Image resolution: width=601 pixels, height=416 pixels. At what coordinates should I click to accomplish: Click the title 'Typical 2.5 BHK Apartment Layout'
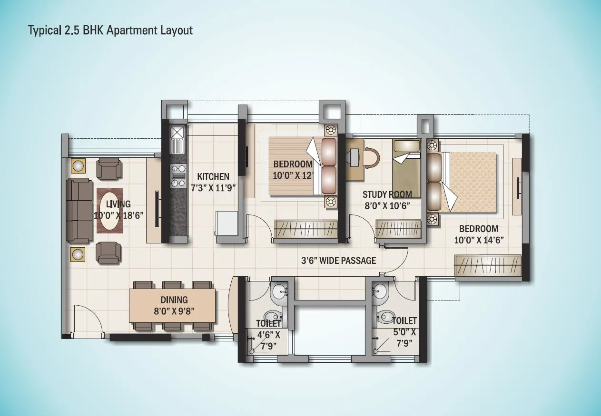point(110,31)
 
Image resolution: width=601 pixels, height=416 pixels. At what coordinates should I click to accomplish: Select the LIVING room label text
point(118,204)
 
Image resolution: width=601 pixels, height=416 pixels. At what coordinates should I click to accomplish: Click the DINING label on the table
point(174,300)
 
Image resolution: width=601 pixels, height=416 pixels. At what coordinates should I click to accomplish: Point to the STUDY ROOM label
point(387,194)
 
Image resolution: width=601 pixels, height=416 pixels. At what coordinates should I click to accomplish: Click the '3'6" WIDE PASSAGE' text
point(338,261)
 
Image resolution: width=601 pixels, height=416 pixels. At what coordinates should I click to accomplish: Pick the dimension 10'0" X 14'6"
point(479,240)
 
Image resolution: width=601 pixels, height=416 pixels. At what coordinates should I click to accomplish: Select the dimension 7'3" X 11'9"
point(213,187)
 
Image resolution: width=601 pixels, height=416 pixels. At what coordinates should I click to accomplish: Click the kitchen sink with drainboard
point(177,137)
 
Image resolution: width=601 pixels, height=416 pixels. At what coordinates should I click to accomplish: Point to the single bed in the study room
point(406,169)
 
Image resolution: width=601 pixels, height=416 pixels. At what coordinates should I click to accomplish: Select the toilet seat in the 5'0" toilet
point(385,317)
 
